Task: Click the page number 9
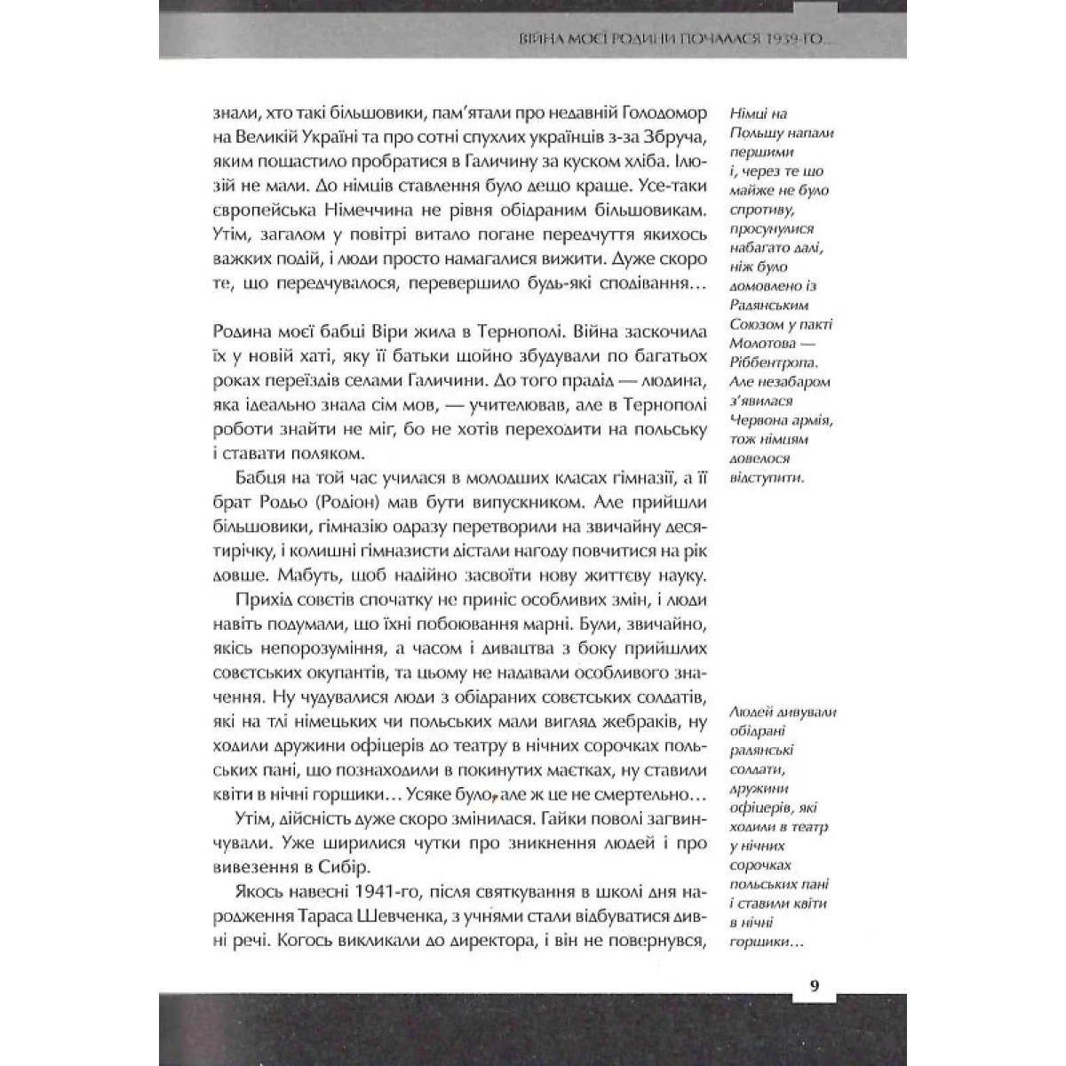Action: coord(815,985)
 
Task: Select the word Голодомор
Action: coord(660,115)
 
